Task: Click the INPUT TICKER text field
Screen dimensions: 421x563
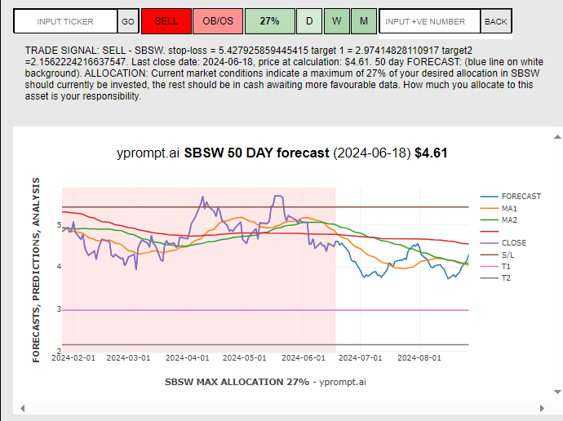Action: [65, 21]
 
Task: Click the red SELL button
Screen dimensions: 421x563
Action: [166, 21]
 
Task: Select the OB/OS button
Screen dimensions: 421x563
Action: [217, 21]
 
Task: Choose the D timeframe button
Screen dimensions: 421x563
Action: [309, 21]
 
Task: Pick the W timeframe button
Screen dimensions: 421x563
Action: [337, 21]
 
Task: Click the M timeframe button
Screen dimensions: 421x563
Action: [364, 21]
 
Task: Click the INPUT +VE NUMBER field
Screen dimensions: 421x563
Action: [429, 21]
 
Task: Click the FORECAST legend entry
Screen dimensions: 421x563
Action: [521, 197]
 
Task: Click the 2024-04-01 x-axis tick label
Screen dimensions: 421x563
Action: [188, 357]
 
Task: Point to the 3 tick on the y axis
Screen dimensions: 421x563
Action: [58, 309]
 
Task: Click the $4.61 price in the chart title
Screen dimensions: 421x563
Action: [431, 153]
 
